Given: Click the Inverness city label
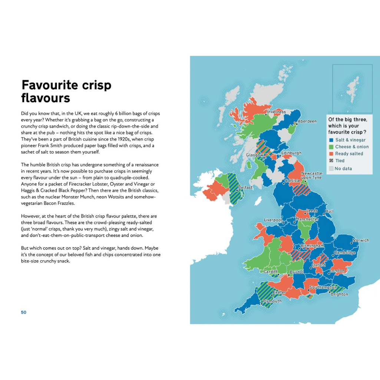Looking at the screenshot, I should [x=277, y=112].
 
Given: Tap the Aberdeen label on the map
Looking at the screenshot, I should [x=307, y=121].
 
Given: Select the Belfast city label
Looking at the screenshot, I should [x=245, y=188].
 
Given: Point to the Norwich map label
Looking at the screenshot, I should [x=361, y=240].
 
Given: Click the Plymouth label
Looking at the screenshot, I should [x=272, y=301].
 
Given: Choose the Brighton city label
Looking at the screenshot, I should [x=339, y=294].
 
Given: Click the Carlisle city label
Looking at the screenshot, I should [x=292, y=181].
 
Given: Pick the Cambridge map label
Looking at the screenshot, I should [x=345, y=253].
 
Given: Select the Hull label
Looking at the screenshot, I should [x=329, y=211].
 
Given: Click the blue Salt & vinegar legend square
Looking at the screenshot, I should [x=331, y=140].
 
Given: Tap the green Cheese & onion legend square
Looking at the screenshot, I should [x=331, y=147].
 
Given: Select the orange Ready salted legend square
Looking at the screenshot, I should [x=331, y=153].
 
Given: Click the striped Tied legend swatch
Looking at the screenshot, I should [x=331, y=161].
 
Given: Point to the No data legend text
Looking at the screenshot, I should [x=343, y=169].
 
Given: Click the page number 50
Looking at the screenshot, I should [x=24, y=312].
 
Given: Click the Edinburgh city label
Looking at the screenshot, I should [x=291, y=153].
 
